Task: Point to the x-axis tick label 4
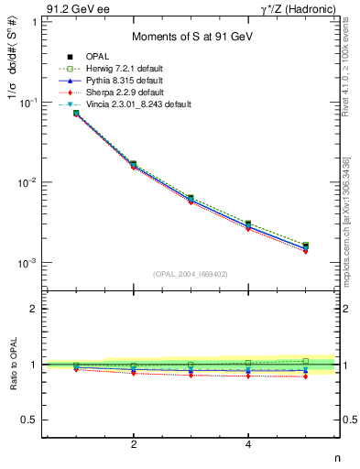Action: [x=248, y=444]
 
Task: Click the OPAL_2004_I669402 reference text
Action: [x=190, y=273]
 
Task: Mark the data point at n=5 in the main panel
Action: [x=305, y=246]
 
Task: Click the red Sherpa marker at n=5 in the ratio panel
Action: [x=305, y=376]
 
